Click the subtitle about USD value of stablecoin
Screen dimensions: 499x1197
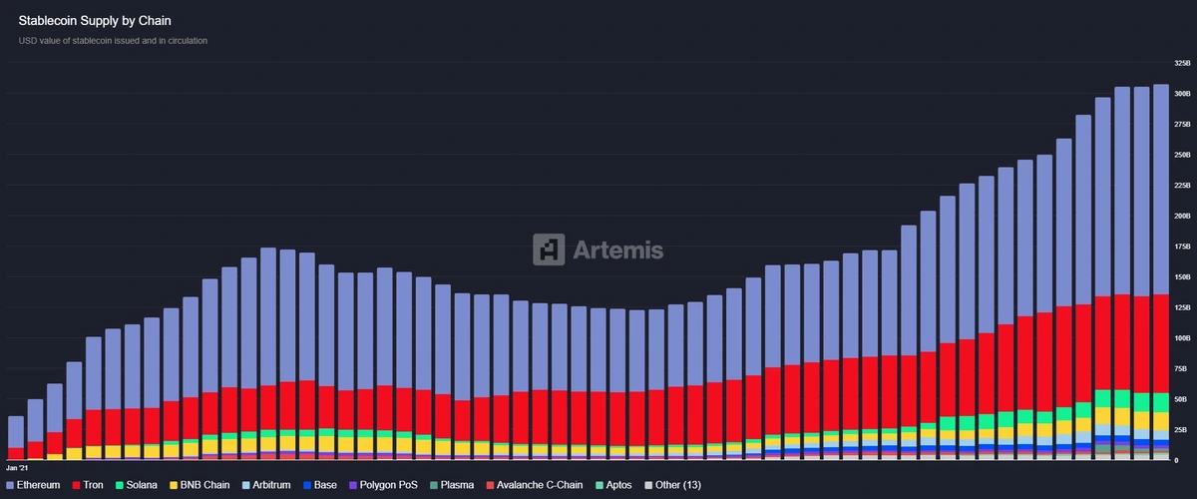[113, 41]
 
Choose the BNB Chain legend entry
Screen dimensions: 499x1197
[200, 485]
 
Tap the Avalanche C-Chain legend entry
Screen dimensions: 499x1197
[533, 485]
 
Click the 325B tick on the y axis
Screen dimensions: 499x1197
[1182, 63]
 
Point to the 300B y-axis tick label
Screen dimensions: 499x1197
[1182, 94]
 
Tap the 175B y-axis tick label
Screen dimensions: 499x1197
[1182, 247]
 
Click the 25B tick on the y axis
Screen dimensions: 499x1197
[1182, 430]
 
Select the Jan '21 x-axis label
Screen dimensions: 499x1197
[17, 467]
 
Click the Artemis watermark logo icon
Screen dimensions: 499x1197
[549, 249]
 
